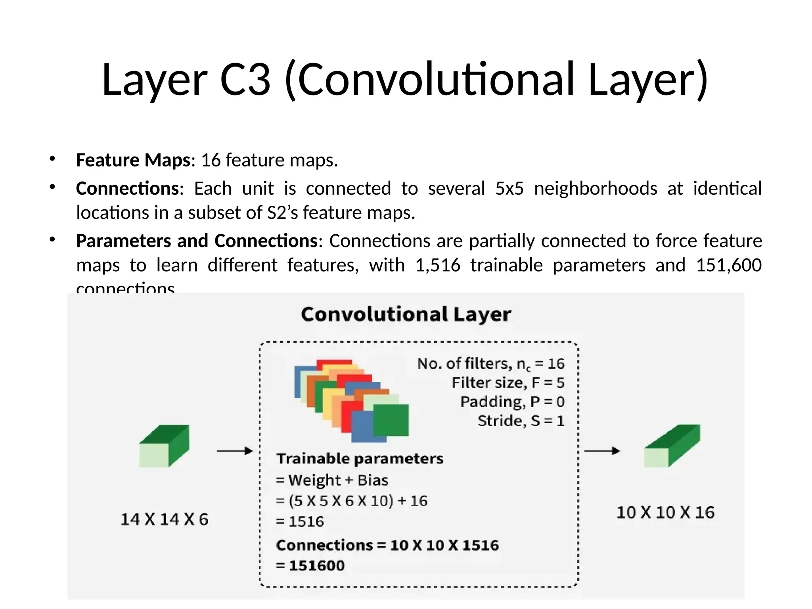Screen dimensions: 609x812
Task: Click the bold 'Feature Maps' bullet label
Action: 134,160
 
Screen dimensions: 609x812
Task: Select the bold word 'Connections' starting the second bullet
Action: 127,188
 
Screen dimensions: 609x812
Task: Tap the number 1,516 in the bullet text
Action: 438,265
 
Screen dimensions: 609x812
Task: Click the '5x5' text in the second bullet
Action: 509,188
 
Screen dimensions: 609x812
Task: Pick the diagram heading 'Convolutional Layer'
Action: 406,314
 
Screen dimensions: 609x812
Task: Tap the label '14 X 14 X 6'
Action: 164,519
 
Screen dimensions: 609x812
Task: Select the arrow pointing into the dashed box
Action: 235,451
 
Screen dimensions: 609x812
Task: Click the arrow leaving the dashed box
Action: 602,451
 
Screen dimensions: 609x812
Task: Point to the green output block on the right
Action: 672,446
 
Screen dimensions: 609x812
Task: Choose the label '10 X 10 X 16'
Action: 665,512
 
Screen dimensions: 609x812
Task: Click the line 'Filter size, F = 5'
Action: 508,383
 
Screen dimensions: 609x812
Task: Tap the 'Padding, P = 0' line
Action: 512,402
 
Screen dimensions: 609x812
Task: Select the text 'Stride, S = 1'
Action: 521,421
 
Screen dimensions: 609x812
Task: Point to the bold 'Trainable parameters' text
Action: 360,459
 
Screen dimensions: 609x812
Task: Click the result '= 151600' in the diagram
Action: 310,565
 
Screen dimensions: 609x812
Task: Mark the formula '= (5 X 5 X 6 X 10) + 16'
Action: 352,501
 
